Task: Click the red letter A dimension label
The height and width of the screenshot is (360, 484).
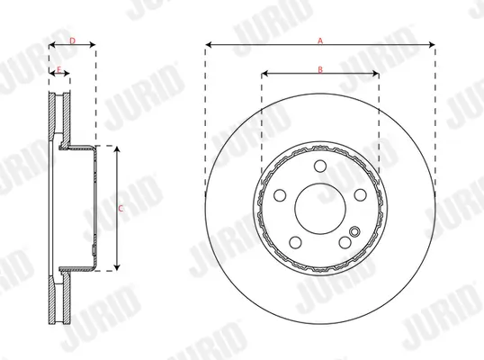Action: pos(319,39)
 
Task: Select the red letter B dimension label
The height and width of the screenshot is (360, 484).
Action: pos(319,69)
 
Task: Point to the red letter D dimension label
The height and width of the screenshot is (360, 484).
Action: pos(72,40)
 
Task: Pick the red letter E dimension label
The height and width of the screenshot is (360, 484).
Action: pos(58,69)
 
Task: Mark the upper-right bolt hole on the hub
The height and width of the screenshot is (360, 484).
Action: pos(360,193)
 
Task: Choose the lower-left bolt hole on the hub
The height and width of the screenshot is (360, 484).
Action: pos(294,241)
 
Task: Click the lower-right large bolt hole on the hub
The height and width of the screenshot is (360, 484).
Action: pos(345,241)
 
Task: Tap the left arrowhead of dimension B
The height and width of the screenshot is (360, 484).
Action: pos(264,73)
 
